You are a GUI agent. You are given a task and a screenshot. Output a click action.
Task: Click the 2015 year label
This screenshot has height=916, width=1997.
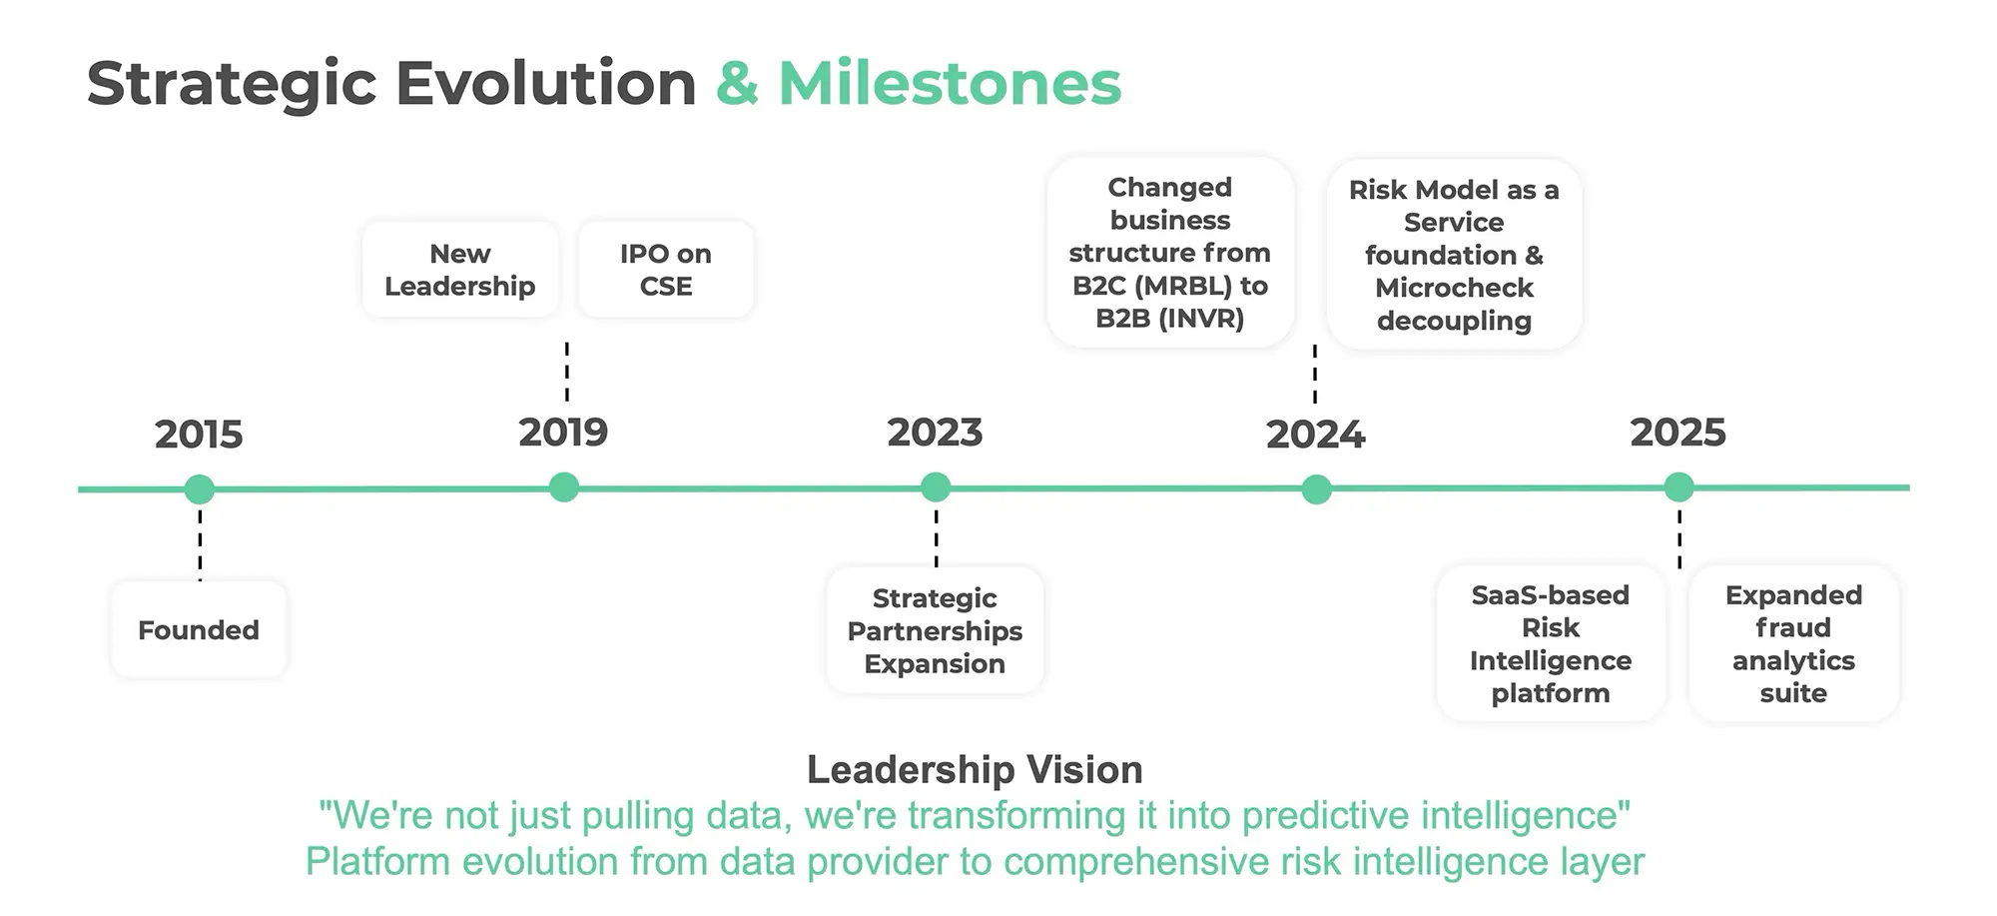[199, 435]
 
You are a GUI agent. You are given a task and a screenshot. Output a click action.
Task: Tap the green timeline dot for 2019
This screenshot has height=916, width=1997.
[564, 487]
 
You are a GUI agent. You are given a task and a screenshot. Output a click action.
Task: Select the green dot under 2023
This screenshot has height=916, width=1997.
[936, 487]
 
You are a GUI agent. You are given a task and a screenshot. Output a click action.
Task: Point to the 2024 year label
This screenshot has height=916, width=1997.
[1315, 435]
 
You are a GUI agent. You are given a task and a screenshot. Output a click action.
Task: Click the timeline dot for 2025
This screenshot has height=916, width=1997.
[1678, 487]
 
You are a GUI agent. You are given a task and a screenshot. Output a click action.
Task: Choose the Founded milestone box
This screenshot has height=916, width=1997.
[199, 630]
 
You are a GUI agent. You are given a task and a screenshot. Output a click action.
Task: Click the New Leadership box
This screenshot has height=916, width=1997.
[460, 270]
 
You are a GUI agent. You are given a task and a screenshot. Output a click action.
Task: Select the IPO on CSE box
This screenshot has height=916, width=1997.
[666, 270]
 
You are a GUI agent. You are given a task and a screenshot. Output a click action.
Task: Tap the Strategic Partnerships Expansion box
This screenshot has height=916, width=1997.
[935, 630]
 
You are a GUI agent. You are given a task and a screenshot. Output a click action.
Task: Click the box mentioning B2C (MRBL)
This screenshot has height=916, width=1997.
[1170, 253]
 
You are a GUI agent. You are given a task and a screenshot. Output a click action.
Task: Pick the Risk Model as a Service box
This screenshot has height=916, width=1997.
[1454, 255]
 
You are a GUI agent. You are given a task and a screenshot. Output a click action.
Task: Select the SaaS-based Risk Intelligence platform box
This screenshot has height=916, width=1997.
[1550, 643]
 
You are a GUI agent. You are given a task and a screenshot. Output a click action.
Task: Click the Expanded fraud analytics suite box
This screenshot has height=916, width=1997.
[1793, 643]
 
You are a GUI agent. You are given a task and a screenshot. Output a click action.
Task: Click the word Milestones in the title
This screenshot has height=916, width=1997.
[950, 83]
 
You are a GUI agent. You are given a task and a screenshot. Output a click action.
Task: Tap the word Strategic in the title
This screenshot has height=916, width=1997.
[232, 83]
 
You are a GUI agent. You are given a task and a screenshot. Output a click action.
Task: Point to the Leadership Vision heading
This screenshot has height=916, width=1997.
[975, 770]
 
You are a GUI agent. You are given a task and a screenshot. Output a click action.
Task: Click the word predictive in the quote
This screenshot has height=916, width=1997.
[1326, 816]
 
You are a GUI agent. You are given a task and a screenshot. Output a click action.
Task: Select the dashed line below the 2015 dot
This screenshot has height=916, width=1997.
[200, 544]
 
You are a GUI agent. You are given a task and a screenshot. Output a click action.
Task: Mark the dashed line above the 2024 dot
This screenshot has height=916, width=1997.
[1315, 374]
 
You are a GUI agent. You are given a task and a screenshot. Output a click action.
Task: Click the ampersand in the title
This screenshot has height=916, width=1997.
[737, 83]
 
